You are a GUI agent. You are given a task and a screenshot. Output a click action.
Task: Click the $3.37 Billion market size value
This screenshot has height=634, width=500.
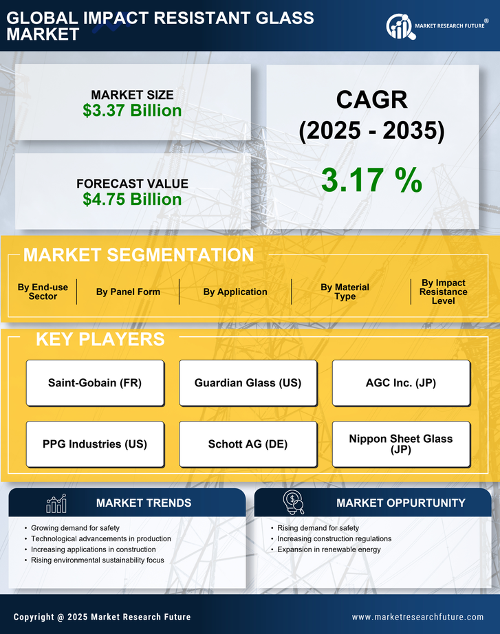132,111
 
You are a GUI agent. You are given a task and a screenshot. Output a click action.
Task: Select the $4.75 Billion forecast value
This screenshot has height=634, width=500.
132,199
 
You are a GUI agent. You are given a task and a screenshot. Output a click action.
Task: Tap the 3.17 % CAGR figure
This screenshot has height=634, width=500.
371,180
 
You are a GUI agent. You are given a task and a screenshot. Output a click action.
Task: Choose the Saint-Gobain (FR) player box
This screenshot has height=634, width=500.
95,383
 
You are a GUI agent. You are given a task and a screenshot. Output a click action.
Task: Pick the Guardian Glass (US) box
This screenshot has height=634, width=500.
248,383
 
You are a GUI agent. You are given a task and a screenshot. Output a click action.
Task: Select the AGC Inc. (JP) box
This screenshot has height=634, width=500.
401,383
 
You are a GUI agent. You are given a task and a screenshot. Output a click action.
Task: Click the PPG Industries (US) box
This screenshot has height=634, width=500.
95,444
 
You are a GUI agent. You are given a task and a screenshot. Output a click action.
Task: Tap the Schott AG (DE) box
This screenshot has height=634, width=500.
248,444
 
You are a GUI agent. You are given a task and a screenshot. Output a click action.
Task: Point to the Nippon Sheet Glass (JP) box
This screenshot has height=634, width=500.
401,444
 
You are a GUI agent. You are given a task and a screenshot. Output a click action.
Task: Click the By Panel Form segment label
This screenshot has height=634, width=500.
128,292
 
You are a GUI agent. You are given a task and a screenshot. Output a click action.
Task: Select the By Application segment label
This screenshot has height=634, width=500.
235,292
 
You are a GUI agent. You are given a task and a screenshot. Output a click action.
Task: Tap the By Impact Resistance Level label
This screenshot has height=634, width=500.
443,292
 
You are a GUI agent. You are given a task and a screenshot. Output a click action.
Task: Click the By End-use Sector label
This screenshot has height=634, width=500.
43,292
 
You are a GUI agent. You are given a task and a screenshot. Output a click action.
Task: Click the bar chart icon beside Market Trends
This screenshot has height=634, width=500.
56,503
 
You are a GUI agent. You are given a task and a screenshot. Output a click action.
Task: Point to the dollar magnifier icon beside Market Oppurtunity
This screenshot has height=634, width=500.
293,503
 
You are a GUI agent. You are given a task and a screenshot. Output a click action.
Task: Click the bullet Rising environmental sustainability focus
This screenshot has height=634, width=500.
98,560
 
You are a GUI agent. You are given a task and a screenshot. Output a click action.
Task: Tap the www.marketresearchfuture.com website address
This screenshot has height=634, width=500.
417,617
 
